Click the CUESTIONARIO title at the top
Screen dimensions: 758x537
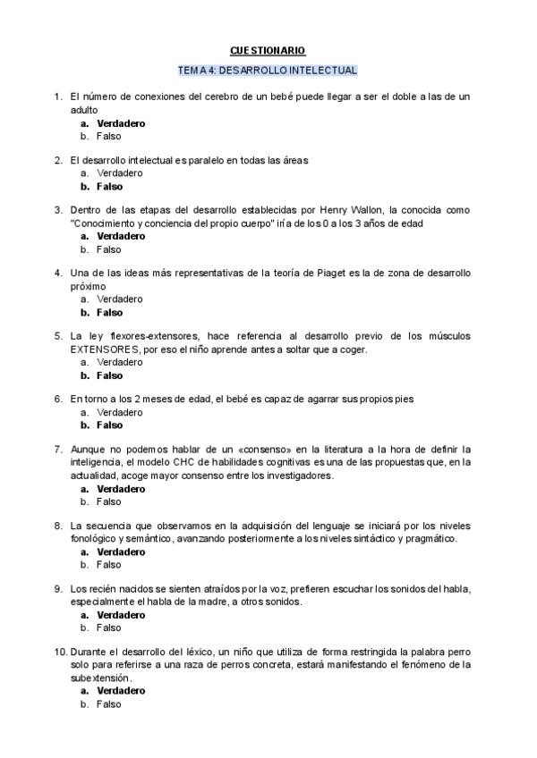(x=268, y=51)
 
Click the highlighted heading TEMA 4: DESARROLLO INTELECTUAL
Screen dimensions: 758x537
(x=268, y=70)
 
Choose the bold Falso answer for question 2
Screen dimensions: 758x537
(x=109, y=187)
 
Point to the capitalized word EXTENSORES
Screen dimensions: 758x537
(x=106, y=350)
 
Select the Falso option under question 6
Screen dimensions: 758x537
(x=109, y=425)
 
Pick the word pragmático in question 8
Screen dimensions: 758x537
(x=431, y=539)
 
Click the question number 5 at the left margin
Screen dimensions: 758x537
(x=58, y=336)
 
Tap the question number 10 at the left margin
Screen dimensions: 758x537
(x=59, y=652)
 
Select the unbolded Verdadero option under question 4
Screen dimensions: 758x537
(x=119, y=299)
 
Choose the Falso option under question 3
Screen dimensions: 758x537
(x=108, y=249)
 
